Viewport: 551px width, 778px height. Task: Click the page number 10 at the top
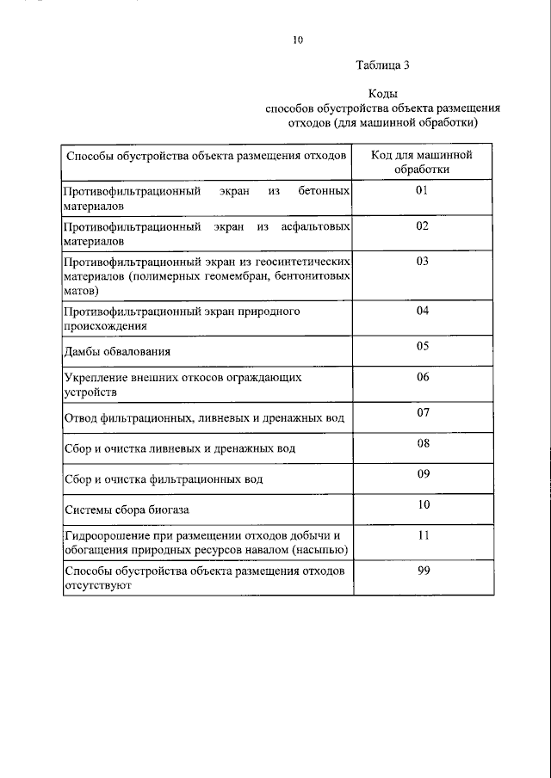pyautogui.click(x=298, y=40)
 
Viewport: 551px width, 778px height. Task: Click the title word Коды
pyautogui.click(x=382, y=94)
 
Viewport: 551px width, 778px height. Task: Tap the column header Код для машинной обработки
pyautogui.click(x=422, y=162)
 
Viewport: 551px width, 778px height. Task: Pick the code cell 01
pyautogui.click(x=422, y=189)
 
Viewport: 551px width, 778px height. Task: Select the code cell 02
pyautogui.click(x=422, y=225)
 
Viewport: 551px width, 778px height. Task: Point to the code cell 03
pyautogui.click(x=422, y=261)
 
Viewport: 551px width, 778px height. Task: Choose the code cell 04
pyautogui.click(x=422, y=310)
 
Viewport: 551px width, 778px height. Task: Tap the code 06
pyautogui.click(x=422, y=376)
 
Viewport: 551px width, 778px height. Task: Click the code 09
pyautogui.click(x=422, y=473)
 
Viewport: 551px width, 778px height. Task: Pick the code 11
pyautogui.click(x=422, y=534)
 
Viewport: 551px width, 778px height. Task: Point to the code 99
pyautogui.click(x=422, y=571)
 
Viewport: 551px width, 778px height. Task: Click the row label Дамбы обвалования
pyautogui.click(x=117, y=351)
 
